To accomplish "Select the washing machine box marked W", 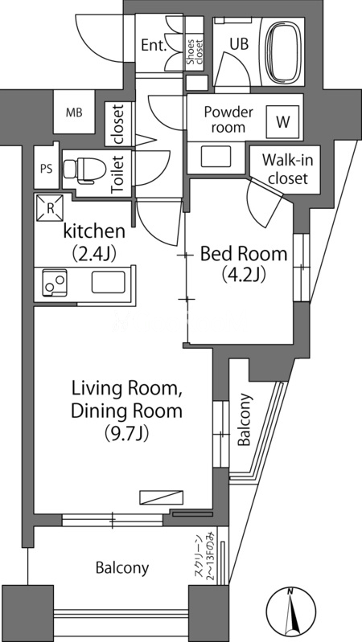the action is (283, 122).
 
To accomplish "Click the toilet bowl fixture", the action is (84, 169).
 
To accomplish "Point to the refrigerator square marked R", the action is (50, 207).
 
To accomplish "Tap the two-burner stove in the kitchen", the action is (55, 283).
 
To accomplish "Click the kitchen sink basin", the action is (109, 283).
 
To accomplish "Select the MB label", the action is (74, 112).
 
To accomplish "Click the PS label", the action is (47, 169).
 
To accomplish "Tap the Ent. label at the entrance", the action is (154, 45).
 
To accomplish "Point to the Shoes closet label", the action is (195, 52).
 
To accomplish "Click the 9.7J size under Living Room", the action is (126, 433).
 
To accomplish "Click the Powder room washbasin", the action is (216, 157).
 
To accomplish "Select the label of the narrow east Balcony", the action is (244, 419).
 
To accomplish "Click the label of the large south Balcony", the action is (122, 568).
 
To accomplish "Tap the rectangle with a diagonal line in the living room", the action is (161, 497).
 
